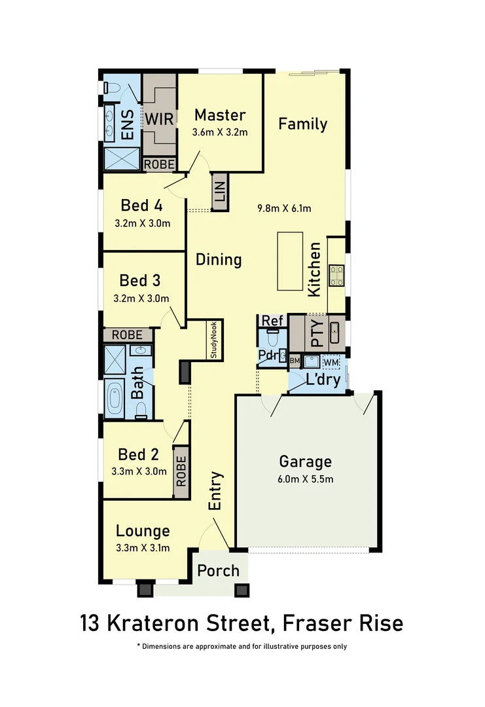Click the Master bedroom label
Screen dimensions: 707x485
[x=220, y=115]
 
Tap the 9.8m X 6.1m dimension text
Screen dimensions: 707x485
[x=283, y=209]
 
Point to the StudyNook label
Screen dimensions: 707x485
[x=214, y=339]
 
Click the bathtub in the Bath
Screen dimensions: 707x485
[x=115, y=398]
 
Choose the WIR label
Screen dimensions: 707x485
[x=158, y=120]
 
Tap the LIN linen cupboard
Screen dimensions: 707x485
[x=219, y=192]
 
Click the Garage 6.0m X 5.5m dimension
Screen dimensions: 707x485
[x=305, y=479]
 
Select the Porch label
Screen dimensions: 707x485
[x=218, y=570]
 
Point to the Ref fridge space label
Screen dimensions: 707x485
[x=272, y=321]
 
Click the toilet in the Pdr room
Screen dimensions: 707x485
[x=272, y=339]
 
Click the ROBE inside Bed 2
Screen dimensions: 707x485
[x=181, y=467]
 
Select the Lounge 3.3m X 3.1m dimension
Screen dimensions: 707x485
[x=143, y=548]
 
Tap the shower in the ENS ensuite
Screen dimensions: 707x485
[x=122, y=158]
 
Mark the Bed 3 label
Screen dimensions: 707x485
[x=139, y=281]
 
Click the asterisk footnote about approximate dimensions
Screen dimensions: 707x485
[x=242, y=646]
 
